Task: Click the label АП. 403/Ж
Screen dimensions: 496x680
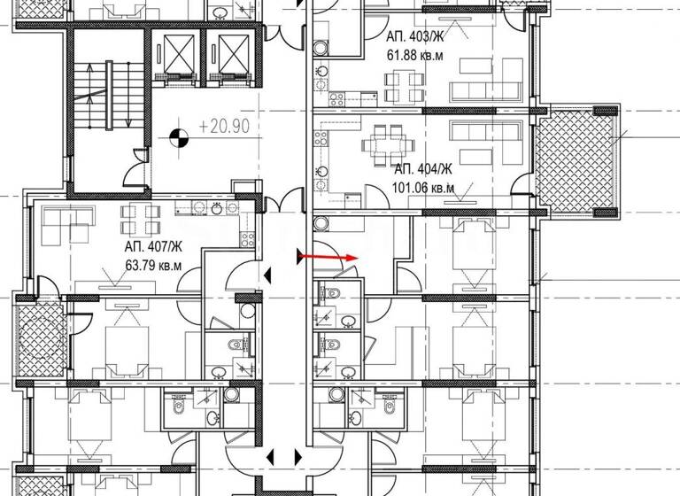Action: click(413, 38)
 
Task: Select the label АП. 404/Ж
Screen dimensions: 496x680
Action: click(423, 169)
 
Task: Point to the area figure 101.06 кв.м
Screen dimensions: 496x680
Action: click(422, 187)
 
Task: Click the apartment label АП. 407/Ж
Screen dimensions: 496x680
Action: click(155, 247)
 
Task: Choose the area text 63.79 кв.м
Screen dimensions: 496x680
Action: click(154, 265)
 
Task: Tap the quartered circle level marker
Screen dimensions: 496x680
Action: click(179, 136)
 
